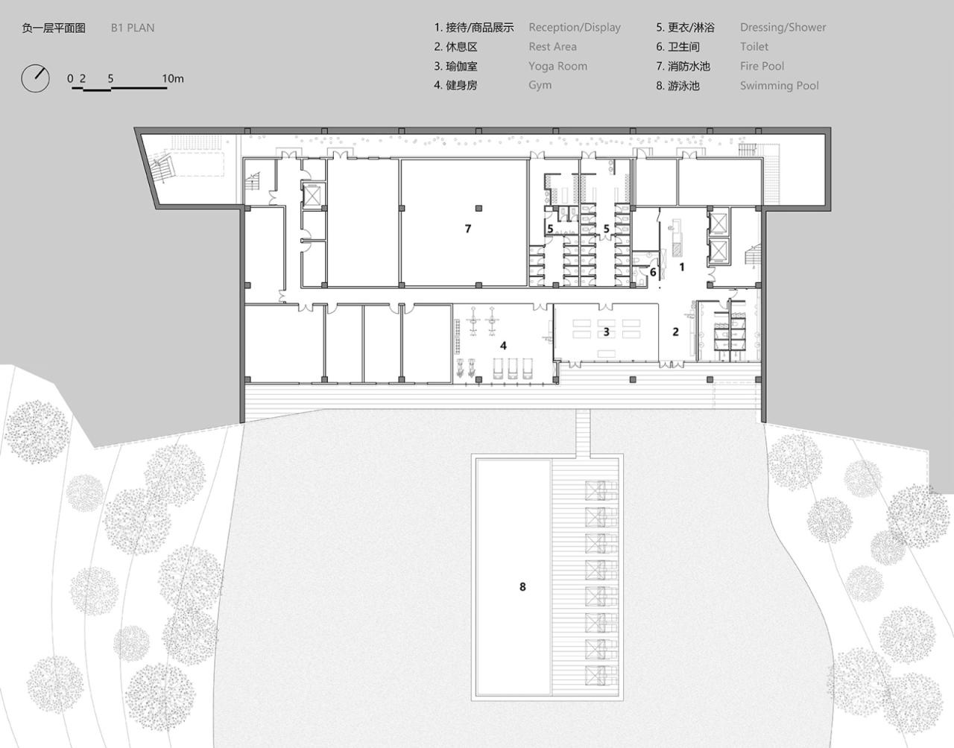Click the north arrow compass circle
(x=35, y=78)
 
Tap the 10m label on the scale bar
(x=172, y=78)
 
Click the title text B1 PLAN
(x=133, y=28)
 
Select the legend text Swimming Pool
(x=779, y=86)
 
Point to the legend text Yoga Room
(x=557, y=66)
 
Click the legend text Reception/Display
(x=575, y=28)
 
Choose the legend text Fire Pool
(x=762, y=66)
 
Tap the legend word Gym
(x=540, y=86)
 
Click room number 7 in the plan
(x=468, y=229)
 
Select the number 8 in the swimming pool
(x=522, y=587)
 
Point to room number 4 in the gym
(x=503, y=346)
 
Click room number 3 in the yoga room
(x=606, y=332)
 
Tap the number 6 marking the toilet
(x=653, y=273)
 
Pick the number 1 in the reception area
(x=681, y=266)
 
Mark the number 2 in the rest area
(x=675, y=332)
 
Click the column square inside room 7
(x=481, y=207)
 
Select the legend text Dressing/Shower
(x=783, y=28)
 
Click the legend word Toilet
(x=754, y=47)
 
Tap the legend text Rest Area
(x=552, y=47)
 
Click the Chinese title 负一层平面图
(x=54, y=28)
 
